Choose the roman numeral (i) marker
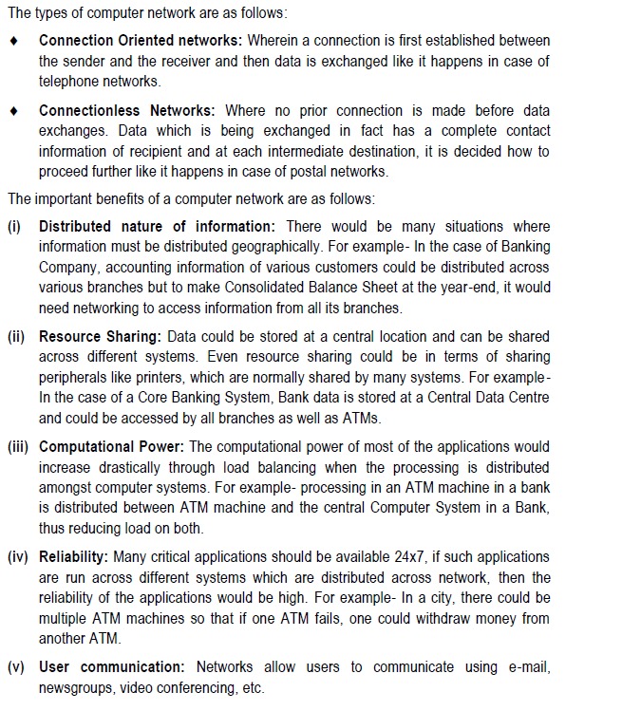pos(15,226)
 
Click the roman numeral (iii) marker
pos(19,446)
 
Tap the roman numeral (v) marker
pos(16,667)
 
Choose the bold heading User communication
pos(112,667)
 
